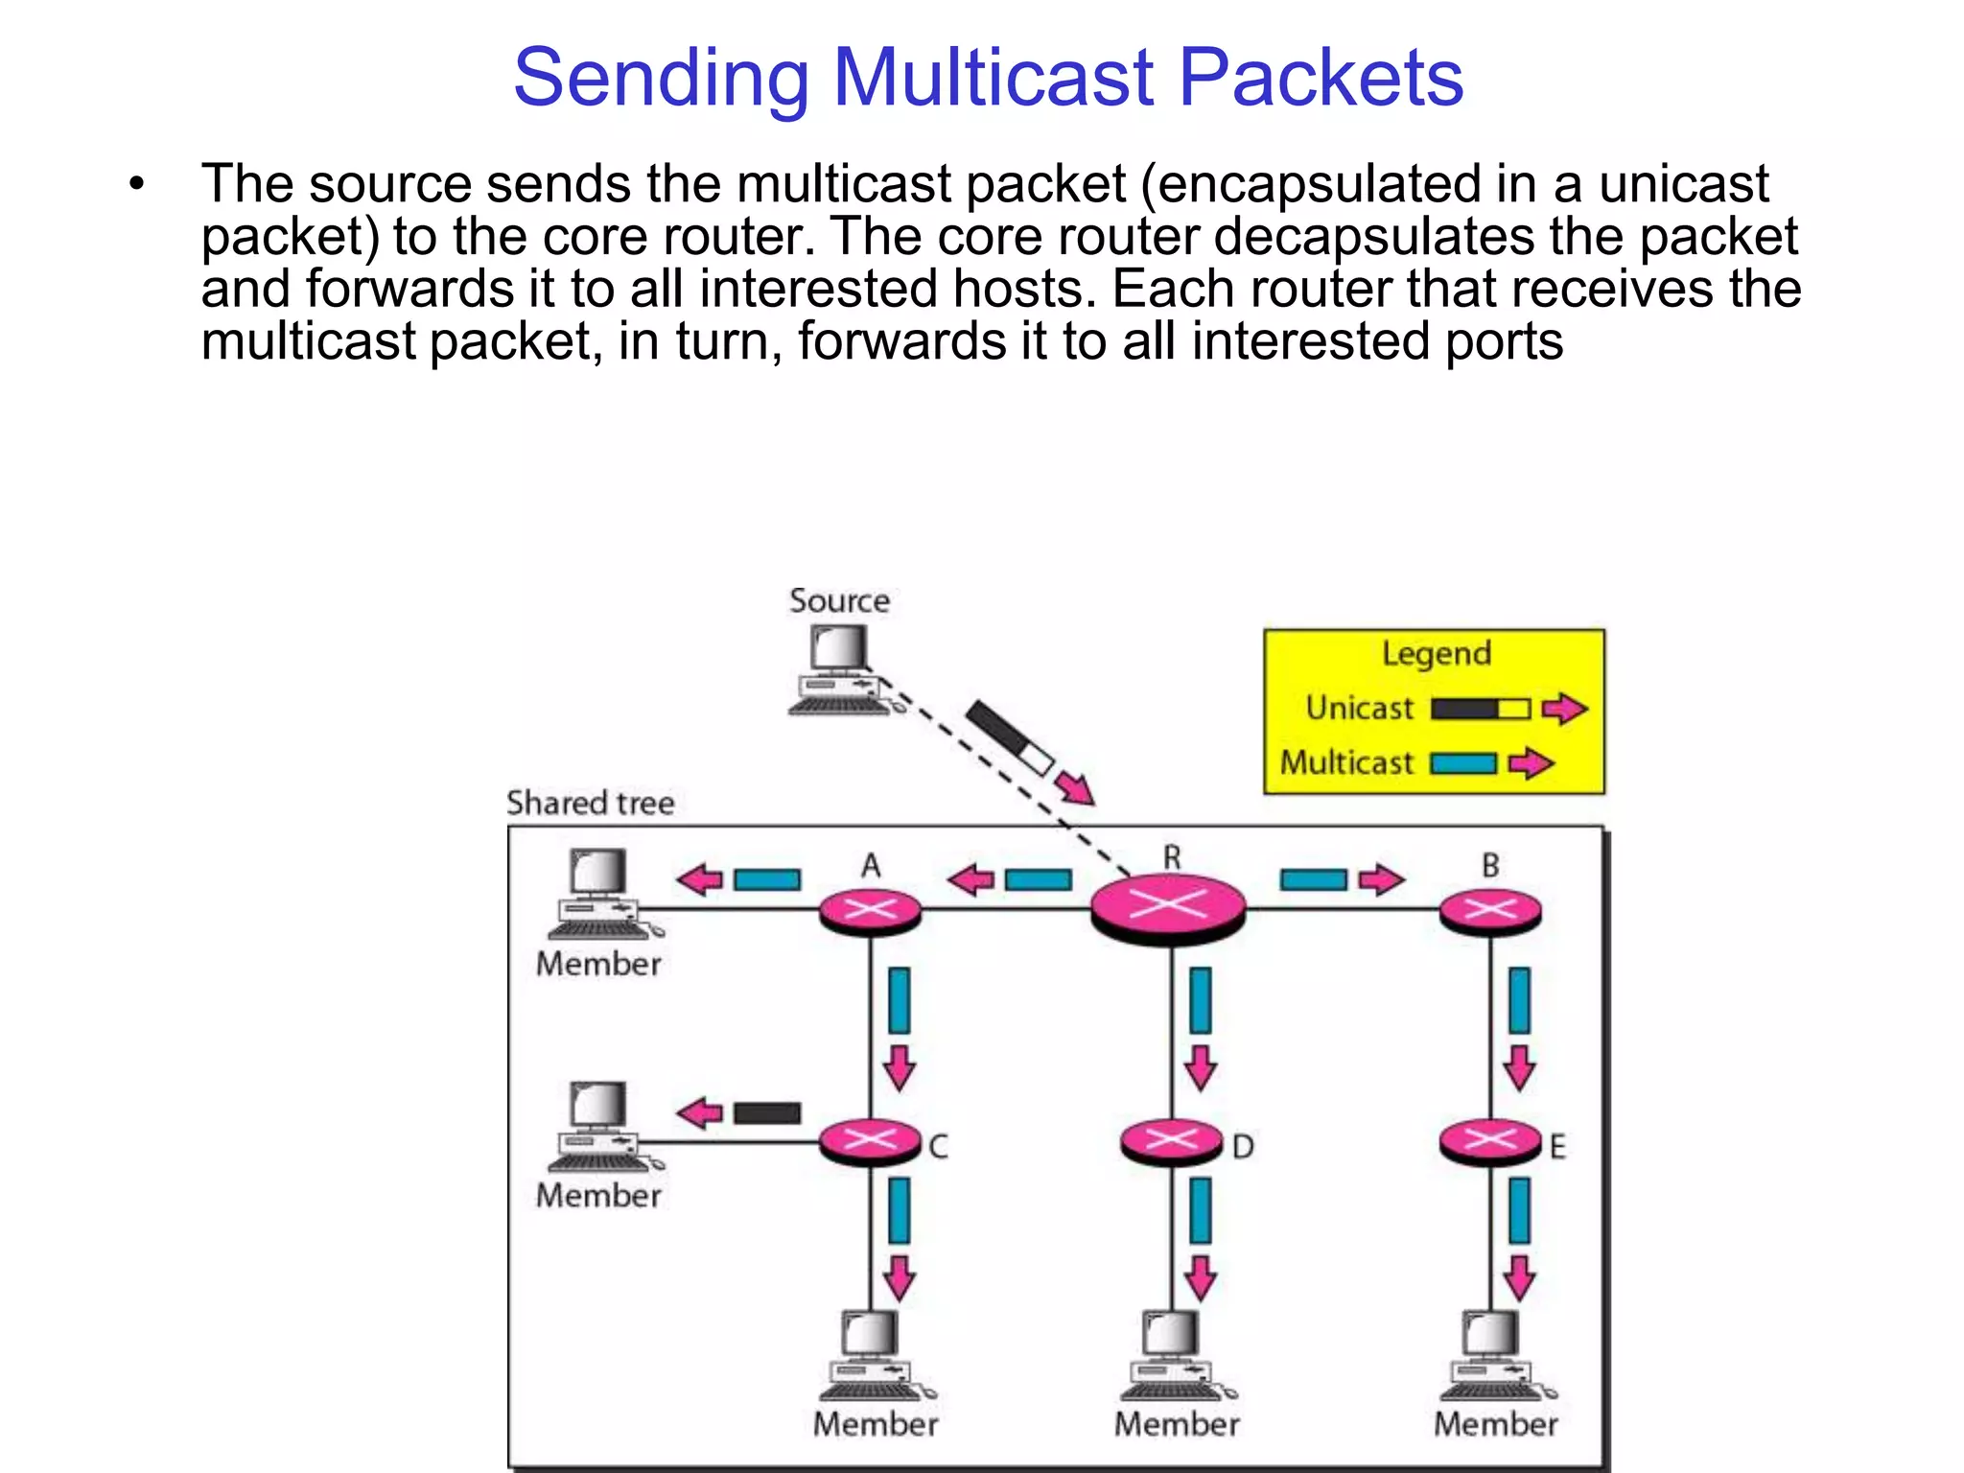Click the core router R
[x=1168, y=907]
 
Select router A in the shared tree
[x=870, y=910]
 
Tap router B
[x=1489, y=910]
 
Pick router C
[x=870, y=1141]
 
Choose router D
[x=1172, y=1141]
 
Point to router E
[x=1489, y=1141]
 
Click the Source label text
[x=839, y=601]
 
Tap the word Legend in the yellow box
[x=1436, y=654]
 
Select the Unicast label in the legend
[x=1359, y=709]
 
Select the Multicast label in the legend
[x=1346, y=763]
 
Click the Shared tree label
[x=590, y=803]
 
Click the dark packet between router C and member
[x=767, y=1112]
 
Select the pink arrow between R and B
[x=1381, y=879]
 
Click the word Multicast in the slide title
[x=994, y=78]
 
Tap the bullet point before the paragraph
[x=137, y=183]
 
